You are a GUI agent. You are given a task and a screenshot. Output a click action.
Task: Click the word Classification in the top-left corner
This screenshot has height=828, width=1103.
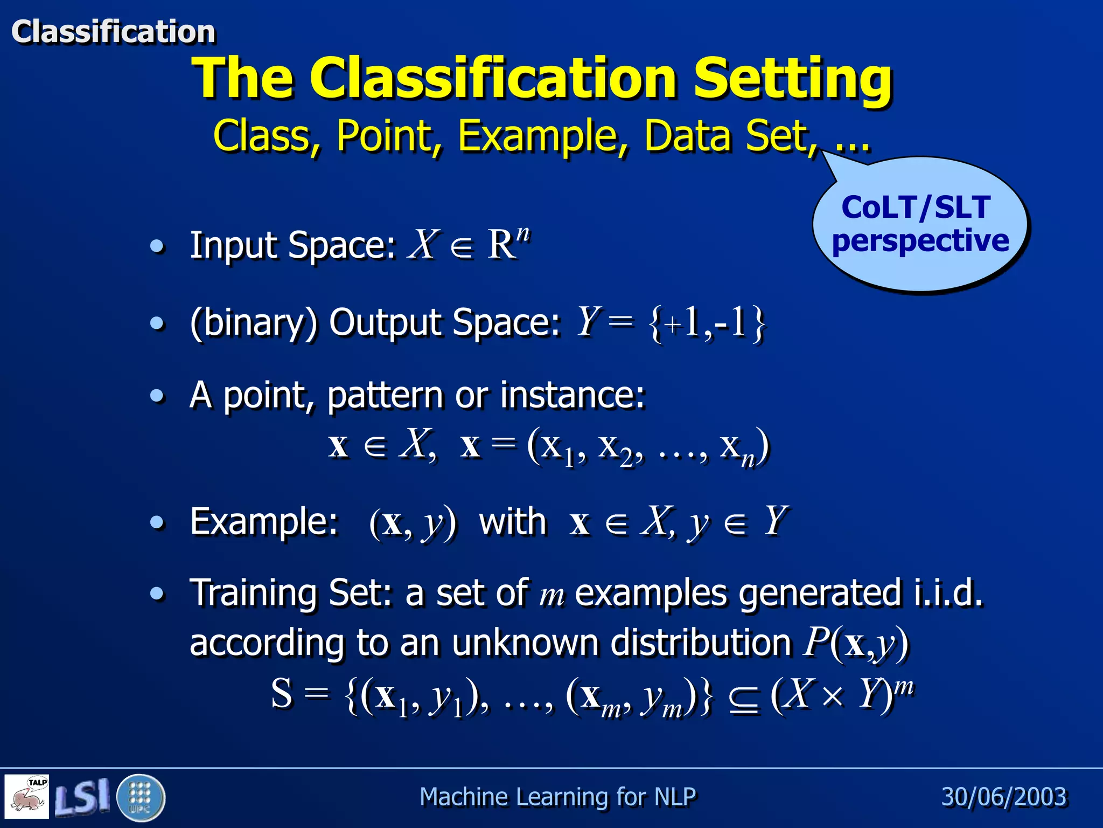[113, 31]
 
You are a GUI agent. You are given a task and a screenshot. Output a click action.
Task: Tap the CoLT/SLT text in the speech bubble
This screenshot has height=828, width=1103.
[916, 208]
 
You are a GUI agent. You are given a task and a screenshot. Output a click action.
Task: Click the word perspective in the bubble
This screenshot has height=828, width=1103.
[920, 240]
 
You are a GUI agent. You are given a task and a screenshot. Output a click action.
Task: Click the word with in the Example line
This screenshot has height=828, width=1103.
[512, 522]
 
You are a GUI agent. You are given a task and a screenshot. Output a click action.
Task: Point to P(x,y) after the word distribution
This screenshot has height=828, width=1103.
[855, 643]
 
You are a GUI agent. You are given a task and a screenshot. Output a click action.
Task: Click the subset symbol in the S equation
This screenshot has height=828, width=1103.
[744, 699]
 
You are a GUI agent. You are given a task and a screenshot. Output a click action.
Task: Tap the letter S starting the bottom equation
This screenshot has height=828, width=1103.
[282, 693]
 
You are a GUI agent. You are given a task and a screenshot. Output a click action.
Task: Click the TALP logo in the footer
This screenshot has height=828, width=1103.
[27, 796]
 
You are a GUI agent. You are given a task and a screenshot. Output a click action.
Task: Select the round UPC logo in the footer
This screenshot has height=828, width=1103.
[141, 797]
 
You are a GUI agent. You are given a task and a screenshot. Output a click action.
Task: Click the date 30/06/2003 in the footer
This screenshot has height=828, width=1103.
[1003, 797]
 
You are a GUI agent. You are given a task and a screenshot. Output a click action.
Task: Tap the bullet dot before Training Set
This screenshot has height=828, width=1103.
[157, 594]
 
